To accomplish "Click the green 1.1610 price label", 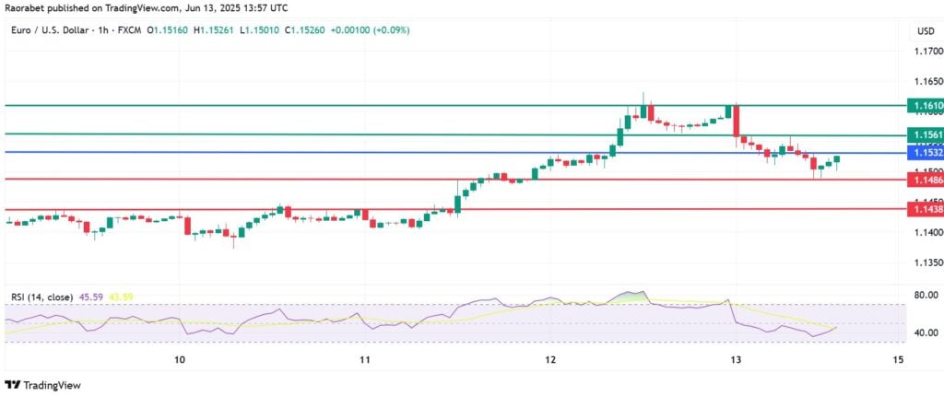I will click(925, 107).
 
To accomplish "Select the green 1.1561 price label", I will click(925, 134).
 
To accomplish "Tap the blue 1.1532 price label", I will click(925, 152).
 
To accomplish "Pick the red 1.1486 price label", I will click(925, 181).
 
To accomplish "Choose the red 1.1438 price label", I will click(925, 210).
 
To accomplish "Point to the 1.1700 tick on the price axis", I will click(925, 53).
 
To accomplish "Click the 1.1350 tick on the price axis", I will click(925, 262).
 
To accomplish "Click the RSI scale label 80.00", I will click(925, 296).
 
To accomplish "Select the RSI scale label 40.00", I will click(925, 332).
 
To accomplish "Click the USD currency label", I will click(925, 30).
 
